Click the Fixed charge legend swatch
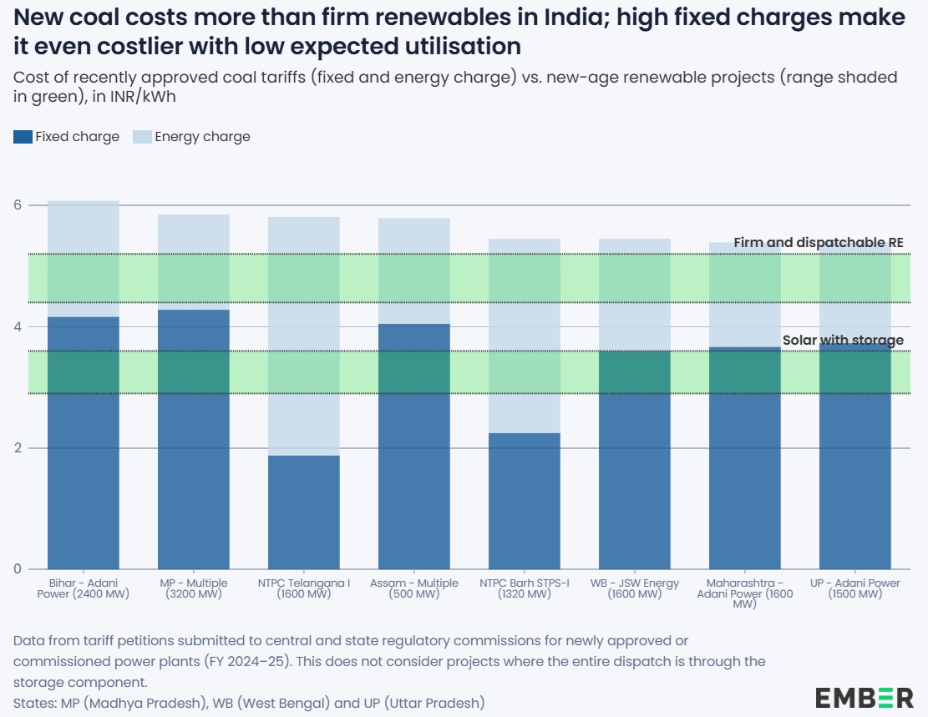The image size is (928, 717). click(x=23, y=137)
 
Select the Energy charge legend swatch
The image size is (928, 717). click(x=142, y=137)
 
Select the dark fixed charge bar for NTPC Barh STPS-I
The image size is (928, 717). click(x=525, y=501)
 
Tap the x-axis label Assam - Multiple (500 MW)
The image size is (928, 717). click(x=414, y=588)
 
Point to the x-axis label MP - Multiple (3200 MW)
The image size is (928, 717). click(x=194, y=588)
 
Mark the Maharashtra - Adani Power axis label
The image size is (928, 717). click(x=745, y=593)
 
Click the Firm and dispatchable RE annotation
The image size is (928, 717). click(x=819, y=243)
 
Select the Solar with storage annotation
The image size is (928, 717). click(x=843, y=341)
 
